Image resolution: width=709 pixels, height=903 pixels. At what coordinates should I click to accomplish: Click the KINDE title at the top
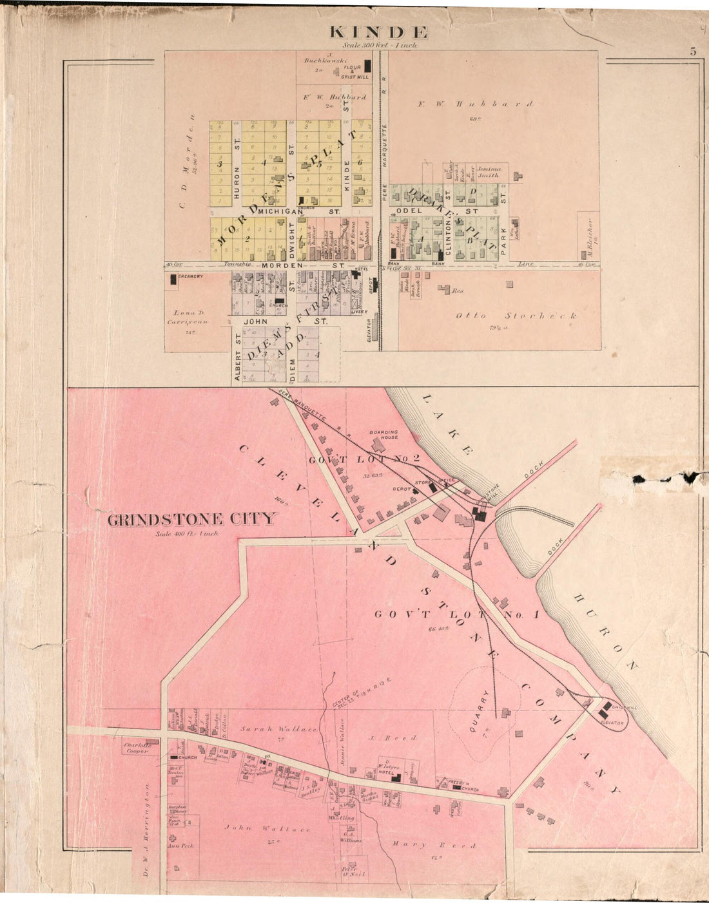[x=379, y=32]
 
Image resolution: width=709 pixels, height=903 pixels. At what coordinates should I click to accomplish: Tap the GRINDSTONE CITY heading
[x=191, y=520]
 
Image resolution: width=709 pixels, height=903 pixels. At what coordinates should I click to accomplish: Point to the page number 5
[x=693, y=52]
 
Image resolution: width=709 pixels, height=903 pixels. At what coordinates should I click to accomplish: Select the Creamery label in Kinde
[x=191, y=277]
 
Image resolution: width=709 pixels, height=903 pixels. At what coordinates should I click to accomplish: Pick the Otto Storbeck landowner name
[x=516, y=316]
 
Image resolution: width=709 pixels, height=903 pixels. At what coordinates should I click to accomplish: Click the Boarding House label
[x=384, y=435]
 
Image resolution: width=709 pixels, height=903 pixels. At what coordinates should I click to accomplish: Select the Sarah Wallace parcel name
[x=279, y=729]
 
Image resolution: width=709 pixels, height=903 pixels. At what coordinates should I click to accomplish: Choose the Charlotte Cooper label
[x=137, y=748]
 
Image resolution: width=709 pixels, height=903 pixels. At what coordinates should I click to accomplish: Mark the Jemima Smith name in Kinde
[x=488, y=171]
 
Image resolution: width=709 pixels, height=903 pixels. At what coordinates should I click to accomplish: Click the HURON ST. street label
[x=237, y=182]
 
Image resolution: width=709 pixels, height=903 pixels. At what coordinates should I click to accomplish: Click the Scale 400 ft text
[x=187, y=533]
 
